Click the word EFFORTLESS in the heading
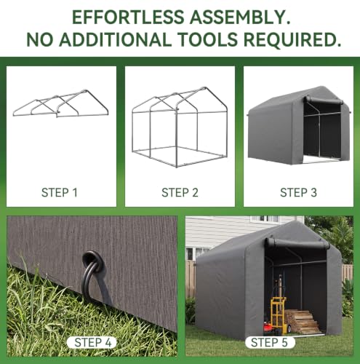click(128, 17)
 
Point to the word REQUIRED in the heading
click(292, 39)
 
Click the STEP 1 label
click(60, 193)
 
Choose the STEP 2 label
click(180, 193)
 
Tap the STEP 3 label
click(298, 193)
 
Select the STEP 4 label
click(93, 342)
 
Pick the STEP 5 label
click(269, 342)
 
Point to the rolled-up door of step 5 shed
click(297, 243)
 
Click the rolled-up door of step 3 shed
click(324, 100)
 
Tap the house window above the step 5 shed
click(268, 219)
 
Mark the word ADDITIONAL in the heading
click(115, 39)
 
